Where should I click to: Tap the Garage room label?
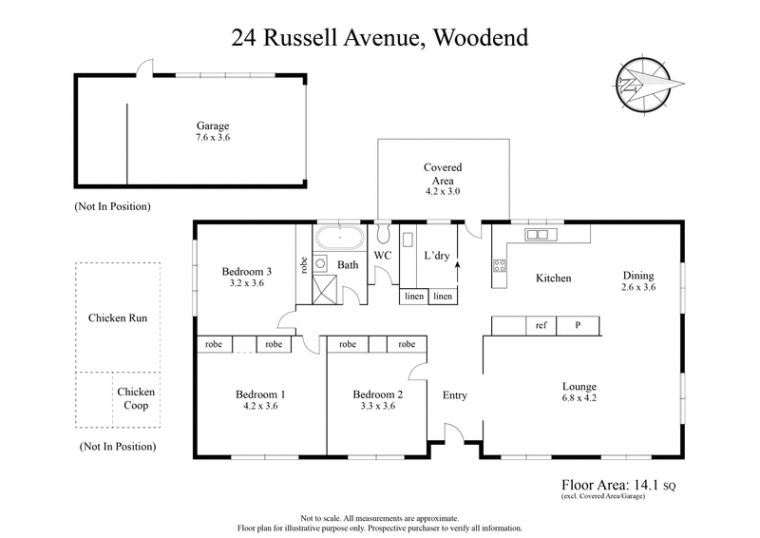tap(213, 125)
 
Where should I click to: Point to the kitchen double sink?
tap(537, 234)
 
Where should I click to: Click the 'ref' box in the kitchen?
tap(541, 326)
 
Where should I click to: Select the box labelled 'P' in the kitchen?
tap(577, 326)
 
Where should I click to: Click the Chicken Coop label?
tap(136, 398)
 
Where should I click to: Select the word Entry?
tap(455, 394)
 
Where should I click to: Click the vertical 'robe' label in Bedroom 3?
tap(304, 265)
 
